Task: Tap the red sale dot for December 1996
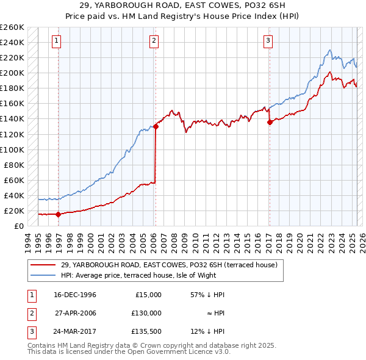point(58,214)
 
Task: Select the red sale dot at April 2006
point(156,126)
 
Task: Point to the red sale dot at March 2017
point(270,122)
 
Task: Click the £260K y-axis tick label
point(12,27)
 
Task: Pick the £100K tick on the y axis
point(12,149)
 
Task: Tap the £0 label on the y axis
point(18,226)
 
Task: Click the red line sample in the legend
point(44,265)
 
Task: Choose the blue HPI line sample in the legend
point(44,275)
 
